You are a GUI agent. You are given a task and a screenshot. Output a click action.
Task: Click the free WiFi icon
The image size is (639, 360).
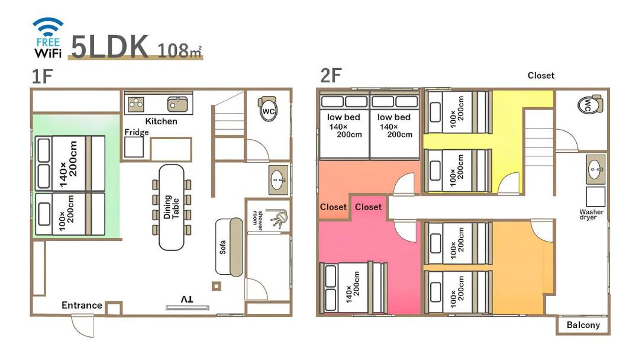click(x=48, y=37)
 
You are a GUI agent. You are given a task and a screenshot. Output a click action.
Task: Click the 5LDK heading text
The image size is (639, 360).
click(x=110, y=46)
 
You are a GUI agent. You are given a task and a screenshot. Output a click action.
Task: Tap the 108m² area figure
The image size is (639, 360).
click(x=179, y=50)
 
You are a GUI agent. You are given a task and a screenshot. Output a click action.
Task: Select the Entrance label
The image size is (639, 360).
click(x=82, y=305)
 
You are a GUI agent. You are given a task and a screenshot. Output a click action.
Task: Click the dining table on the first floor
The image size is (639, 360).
click(x=171, y=207)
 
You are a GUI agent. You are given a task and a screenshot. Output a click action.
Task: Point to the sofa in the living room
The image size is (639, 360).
click(x=229, y=247)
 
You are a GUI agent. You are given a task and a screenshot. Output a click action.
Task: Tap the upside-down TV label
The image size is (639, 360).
click(x=187, y=300)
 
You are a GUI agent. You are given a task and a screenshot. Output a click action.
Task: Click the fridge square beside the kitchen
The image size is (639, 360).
click(x=134, y=147)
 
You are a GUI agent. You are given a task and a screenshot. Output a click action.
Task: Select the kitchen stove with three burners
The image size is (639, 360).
click(x=135, y=104)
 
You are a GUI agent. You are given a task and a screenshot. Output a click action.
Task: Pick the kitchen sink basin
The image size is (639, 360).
click(x=177, y=104)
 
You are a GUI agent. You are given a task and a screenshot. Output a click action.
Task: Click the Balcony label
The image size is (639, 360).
click(x=583, y=325)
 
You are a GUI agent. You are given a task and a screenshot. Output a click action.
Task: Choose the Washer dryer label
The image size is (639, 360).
click(x=591, y=214)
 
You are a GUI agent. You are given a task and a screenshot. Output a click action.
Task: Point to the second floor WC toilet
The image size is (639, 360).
click(x=590, y=104)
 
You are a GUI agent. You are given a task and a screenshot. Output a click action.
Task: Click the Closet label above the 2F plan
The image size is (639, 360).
click(x=541, y=75)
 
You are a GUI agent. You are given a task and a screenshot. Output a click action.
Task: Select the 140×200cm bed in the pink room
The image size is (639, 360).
click(x=353, y=288)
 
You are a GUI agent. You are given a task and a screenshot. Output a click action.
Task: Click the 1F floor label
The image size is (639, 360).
click(x=43, y=76)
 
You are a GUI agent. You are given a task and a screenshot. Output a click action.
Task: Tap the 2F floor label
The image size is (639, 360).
click(x=331, y=75)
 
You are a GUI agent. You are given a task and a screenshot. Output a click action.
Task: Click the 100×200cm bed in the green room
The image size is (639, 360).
click(x=70, y=214)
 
